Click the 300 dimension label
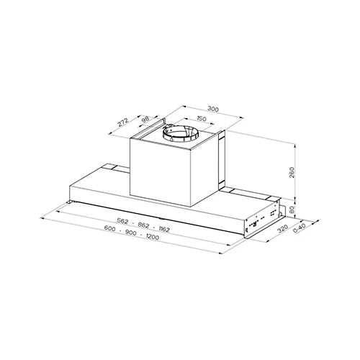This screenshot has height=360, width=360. click(x=213, y=109)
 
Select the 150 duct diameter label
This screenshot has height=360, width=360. click(x=202, y=119)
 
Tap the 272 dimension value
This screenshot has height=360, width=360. click(x=123, y=122)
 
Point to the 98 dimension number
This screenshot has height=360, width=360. click(x=145, y=120)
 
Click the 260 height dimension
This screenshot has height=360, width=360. click(x=292, y=172)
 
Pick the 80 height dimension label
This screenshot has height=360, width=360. click(x=292, y=210)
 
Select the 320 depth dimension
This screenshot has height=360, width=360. click(x=282, y=229)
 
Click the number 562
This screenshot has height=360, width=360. click(x=122, y=221)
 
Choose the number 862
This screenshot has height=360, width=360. click(x=143, y=225)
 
